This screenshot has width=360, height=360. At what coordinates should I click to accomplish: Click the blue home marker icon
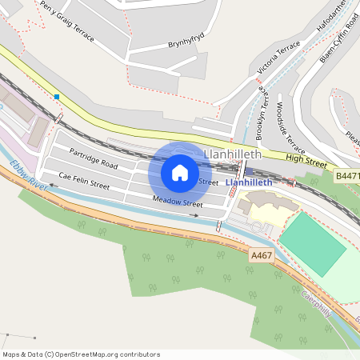pos(180,172)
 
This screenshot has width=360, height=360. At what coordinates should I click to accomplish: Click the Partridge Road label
pos(94,158)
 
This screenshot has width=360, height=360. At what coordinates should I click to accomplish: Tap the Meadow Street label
pos(178,202)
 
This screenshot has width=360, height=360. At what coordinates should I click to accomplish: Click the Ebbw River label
pos(29,174)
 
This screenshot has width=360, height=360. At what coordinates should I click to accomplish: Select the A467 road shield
pos(261,255)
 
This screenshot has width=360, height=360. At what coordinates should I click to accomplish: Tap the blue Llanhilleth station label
pos(250,182)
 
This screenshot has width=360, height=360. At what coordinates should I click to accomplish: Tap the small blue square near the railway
pos(57,97)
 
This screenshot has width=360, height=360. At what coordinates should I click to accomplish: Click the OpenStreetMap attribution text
pos(81,354)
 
